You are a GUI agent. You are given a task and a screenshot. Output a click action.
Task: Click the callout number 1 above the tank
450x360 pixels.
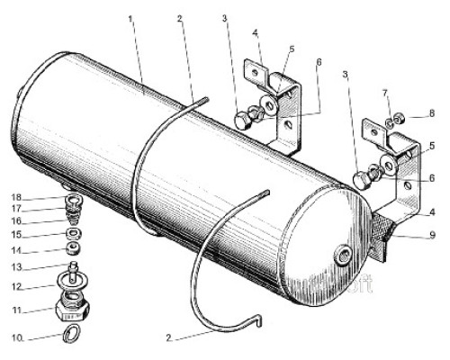coord(130,19)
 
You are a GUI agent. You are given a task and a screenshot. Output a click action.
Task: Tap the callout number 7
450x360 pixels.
coord(385,94)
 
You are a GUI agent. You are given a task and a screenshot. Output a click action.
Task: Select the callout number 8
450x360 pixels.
coord(431,113)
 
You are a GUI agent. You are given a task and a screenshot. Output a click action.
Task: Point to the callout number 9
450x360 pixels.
coord(432,235)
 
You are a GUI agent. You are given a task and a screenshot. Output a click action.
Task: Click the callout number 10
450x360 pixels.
coord(17,337)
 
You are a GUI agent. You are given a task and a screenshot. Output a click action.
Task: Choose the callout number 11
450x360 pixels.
coord(17,310)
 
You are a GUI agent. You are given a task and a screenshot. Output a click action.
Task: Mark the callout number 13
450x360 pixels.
coord(17,266)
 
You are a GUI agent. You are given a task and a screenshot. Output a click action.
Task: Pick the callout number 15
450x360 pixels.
coord(17,235)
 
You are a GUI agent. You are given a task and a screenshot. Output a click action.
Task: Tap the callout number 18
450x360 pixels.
coord(17,197)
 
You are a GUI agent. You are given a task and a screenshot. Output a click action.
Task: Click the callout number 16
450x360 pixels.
coord(17,221)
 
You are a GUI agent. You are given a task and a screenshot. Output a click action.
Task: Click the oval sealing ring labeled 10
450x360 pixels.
coord(72,334)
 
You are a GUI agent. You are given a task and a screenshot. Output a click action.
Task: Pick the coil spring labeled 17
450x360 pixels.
coord(73,209)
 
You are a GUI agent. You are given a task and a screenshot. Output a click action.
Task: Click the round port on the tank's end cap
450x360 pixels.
coord(343,256)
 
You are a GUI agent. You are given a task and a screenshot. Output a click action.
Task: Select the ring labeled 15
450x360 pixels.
coord(73,233)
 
